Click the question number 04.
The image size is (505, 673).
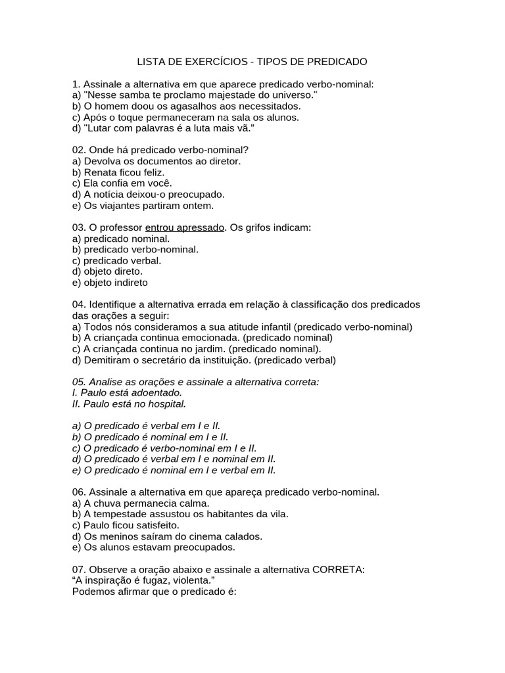[79, 305]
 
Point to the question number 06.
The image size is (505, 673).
[79, 492]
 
